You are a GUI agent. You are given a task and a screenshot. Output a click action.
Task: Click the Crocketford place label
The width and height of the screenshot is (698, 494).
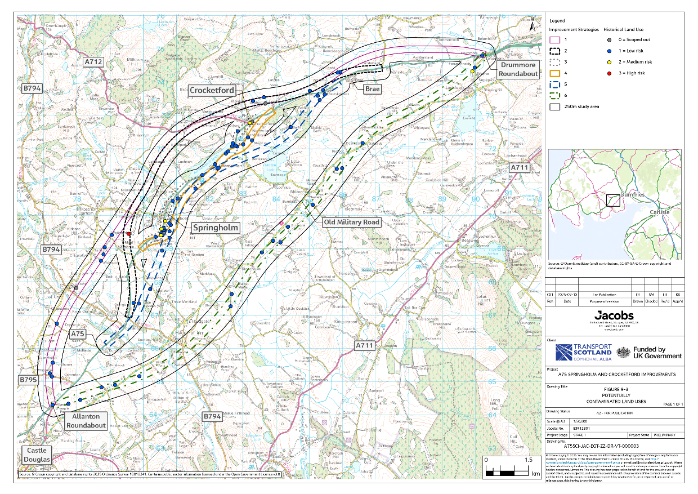(211, 90)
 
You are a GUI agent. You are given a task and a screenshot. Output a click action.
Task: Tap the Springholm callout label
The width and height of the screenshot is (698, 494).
(216, 228)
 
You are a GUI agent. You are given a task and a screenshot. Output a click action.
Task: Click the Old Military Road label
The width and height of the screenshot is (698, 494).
(352, 222)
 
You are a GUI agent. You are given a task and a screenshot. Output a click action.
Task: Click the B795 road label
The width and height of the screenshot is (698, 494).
(28, 380)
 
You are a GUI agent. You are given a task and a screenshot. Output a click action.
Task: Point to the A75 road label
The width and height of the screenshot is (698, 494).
(78, 334)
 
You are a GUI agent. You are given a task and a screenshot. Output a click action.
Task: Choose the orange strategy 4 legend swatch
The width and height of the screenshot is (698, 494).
(554, 73)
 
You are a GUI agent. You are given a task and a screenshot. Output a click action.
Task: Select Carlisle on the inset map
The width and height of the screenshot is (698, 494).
(660, 212)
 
